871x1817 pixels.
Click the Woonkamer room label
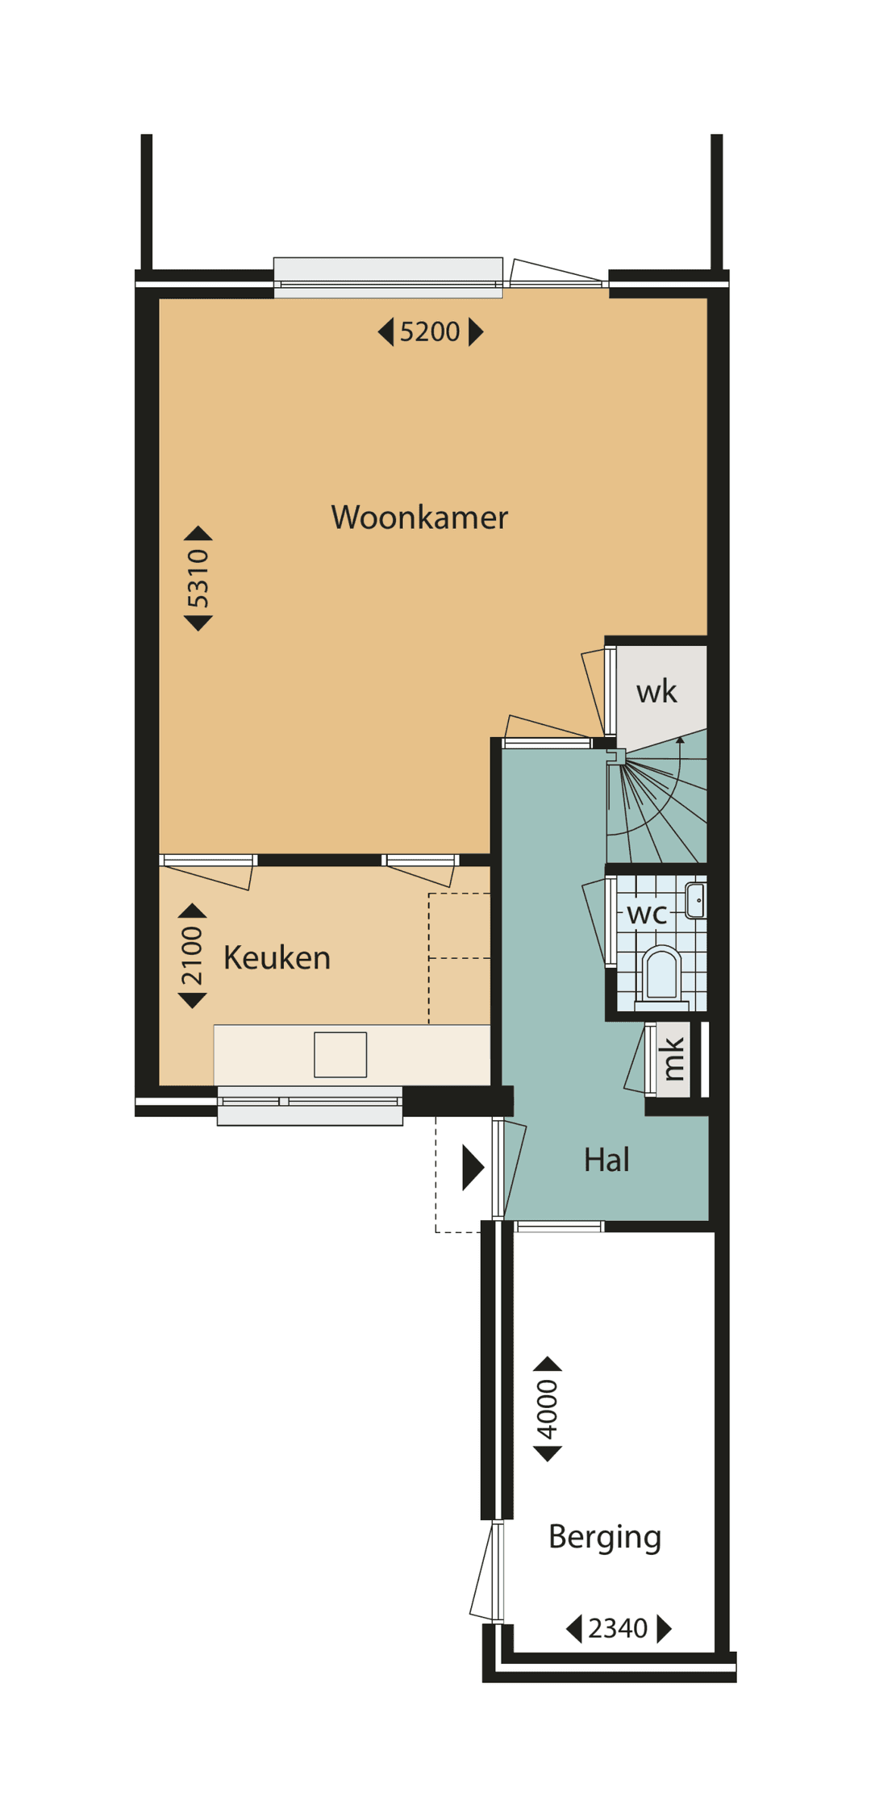[419, 518]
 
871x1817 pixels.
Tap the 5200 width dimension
[430, 331]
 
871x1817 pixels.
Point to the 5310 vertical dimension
[198, 578]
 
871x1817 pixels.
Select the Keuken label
[277, 958]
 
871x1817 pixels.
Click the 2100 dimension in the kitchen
[192, 956]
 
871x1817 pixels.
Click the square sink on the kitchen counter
[340, 1054]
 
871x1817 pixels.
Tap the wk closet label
[656, 692]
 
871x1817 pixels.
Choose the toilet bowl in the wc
[662, 975]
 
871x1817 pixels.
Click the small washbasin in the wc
[696, 901]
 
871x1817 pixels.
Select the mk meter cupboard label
[673, 1059]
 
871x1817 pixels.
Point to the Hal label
[606, 1160]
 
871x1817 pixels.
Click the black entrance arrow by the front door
[472, 1167]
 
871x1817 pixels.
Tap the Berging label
[604, 1536]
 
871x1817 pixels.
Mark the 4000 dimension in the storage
[548, 1409]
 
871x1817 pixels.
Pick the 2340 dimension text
[618, 1628]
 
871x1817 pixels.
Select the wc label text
[647, 914]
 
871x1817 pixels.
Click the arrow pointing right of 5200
[476, 331]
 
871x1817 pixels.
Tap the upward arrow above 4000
[548, 1364]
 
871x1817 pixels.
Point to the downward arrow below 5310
[198, 622]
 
